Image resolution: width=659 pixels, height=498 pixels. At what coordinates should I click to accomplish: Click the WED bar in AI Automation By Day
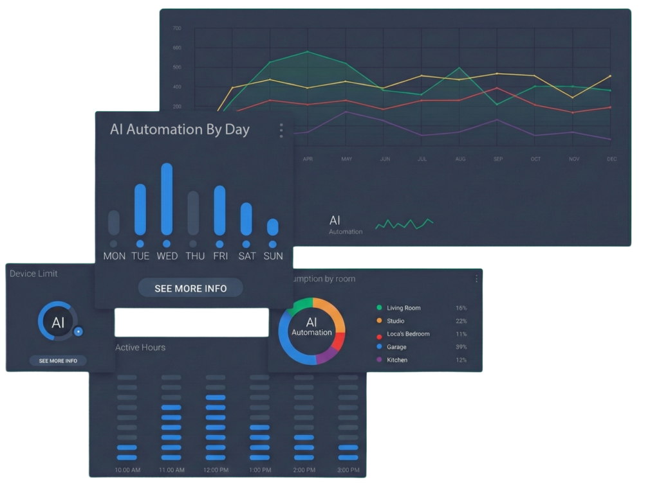tap(167, 199)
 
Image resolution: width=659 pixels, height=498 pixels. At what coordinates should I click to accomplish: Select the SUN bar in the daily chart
tap(273, 227)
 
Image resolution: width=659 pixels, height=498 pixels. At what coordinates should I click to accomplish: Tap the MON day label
tap(114, 256)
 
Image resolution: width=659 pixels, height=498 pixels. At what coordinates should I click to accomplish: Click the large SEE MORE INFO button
tap(190, 289)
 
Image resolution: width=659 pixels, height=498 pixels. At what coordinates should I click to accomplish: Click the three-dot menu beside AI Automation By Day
tap(281, 130)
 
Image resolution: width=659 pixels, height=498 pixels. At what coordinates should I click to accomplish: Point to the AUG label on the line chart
tap(460, 159)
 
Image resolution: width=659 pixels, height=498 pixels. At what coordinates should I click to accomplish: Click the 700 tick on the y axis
tap(177, 29)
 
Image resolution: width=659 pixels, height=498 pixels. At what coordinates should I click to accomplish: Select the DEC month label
tap(611, 159)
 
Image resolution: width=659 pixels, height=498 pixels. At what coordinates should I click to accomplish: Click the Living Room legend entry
tap(404, 308)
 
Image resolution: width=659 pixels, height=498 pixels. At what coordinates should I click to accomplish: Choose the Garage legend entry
tap(396, 347)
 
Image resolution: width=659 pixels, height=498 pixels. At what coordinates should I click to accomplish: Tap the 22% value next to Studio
tap(461, 321)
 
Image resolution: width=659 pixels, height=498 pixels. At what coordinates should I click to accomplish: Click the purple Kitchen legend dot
tap(379, 360)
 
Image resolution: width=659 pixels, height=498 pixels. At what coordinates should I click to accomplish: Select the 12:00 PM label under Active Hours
tap(216, 470)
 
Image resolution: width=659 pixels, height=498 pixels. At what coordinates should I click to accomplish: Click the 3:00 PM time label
tap(348, 470)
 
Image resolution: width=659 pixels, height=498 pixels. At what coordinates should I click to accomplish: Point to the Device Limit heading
tap(33, 274)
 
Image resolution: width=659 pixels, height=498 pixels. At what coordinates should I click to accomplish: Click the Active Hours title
tap(140, 348)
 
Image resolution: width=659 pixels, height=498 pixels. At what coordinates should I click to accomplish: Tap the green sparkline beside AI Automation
tap(404, 224)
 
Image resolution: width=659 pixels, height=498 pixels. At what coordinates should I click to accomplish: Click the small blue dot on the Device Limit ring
tap(78, 332)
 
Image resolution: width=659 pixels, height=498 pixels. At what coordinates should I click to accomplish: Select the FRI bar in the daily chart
tap(219, 211)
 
